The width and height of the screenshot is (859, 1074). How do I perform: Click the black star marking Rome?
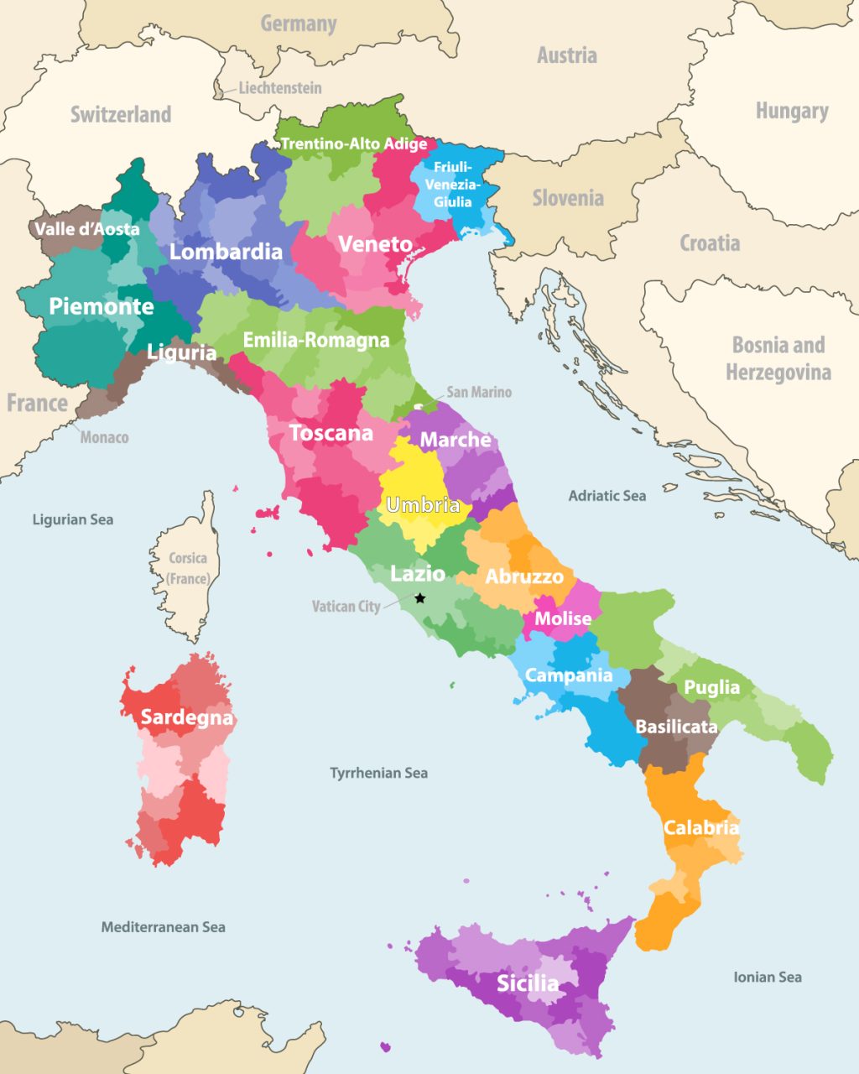tap(420, 597)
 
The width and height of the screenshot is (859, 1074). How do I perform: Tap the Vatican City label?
tap(346, 606)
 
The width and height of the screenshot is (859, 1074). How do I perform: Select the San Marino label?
tap(478, 392)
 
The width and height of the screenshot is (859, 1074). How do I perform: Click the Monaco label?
tap(104, 437)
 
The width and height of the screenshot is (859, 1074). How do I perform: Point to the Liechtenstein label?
tap(279, 87)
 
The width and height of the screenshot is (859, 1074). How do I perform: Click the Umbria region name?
tap(423, 505)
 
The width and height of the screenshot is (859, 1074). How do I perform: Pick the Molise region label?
tap(563, 618)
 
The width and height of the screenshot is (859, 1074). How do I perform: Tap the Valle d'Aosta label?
tap(87, 228)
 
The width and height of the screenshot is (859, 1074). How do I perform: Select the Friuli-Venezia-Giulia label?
tap(452, 185)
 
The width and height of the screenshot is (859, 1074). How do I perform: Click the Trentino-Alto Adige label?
tap(353, 143)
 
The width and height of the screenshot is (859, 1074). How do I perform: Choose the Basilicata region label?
tap(676, 727)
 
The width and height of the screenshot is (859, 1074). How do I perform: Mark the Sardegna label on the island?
tap(186, 717)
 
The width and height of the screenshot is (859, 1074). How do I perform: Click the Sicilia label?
tap(527, 983)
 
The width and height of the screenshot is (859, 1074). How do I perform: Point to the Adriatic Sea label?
tap(607, 496)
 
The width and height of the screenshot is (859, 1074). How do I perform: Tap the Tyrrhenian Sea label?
tap(378, 773)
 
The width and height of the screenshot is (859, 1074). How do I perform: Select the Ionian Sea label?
tap(767, 977)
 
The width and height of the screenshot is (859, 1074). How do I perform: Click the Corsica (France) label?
tap(188, 568)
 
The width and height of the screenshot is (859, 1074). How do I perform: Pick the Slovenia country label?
tap(568, 198)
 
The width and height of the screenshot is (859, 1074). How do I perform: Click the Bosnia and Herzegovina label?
tap(778, 358)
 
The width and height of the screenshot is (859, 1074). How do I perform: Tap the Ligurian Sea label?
tap(72, 519)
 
